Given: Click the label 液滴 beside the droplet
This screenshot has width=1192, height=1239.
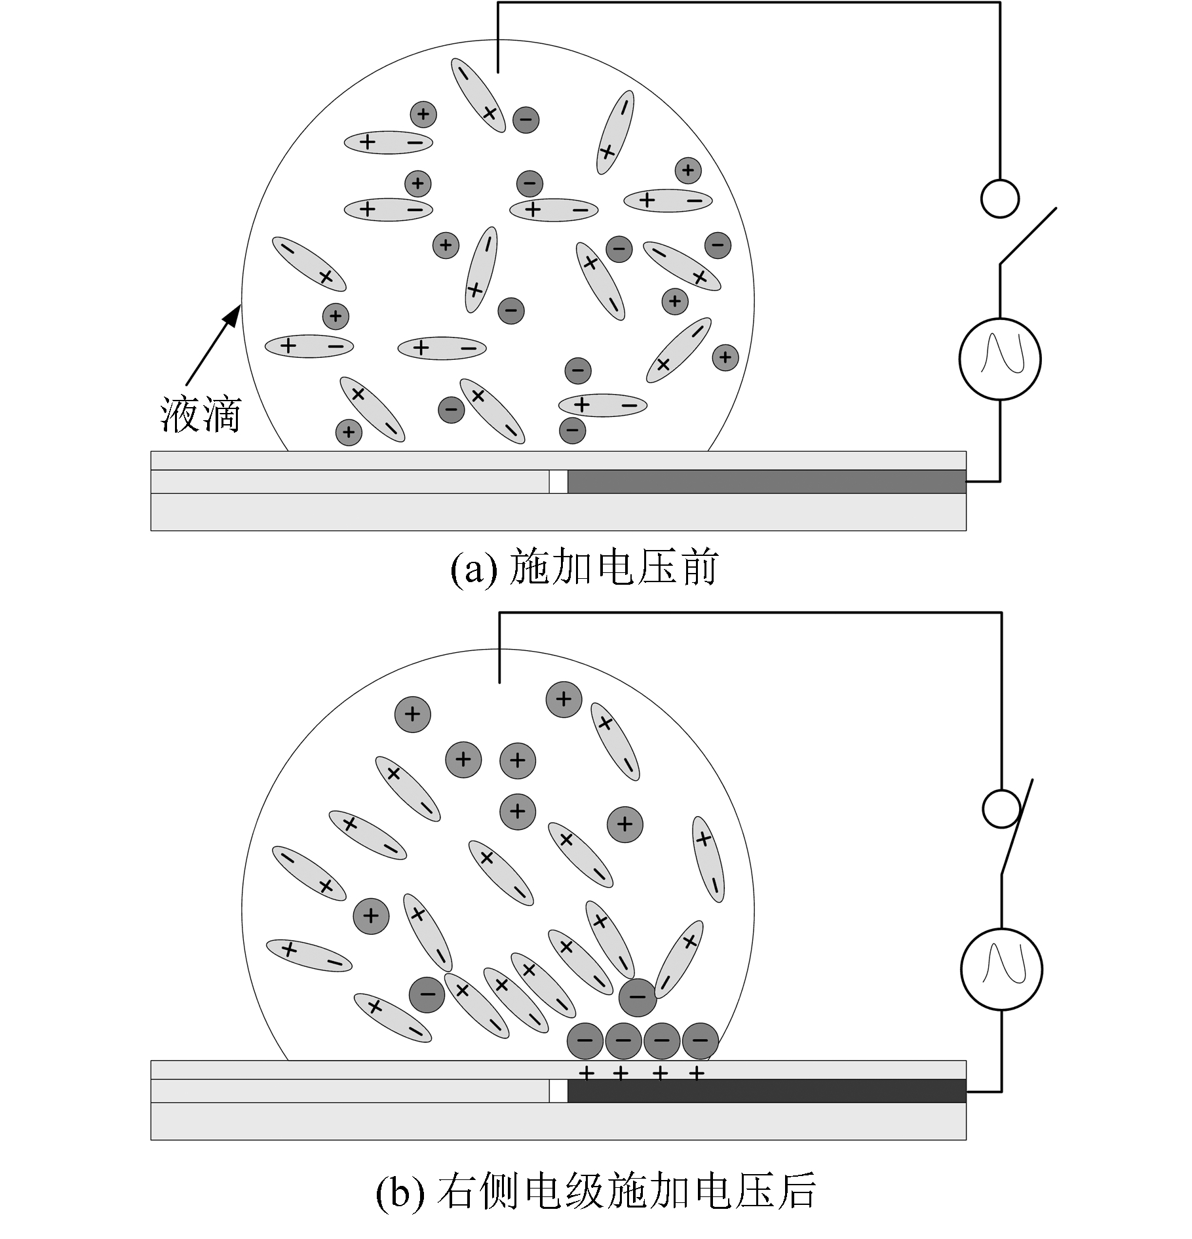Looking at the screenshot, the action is coord(201,414).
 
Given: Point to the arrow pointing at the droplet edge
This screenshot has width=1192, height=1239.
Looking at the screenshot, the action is coord(214,344).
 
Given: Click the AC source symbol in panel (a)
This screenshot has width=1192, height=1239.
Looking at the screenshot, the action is coord(999,359).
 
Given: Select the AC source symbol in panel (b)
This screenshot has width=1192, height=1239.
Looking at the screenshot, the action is coord(1001,969).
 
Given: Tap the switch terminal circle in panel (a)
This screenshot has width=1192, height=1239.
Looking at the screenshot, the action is coord(1000,198).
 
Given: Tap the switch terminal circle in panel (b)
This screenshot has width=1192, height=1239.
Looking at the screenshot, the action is coord(1001,809).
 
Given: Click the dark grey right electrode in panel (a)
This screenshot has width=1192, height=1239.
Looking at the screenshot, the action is coord(767,482).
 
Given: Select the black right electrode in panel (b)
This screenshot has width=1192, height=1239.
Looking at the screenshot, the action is coord(767,1091).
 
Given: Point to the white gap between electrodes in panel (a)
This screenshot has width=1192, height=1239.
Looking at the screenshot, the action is coord(558,482).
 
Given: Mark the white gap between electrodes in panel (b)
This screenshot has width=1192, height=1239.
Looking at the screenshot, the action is coord(558,1091).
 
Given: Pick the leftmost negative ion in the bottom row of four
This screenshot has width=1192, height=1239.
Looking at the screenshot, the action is coord(585,1040).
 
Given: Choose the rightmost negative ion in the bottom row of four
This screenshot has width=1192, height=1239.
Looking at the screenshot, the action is coord(701,1040).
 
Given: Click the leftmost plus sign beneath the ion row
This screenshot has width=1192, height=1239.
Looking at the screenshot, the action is coord(586,1073).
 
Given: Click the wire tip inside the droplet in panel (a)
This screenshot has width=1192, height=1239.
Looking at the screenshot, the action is coord(498,72).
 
